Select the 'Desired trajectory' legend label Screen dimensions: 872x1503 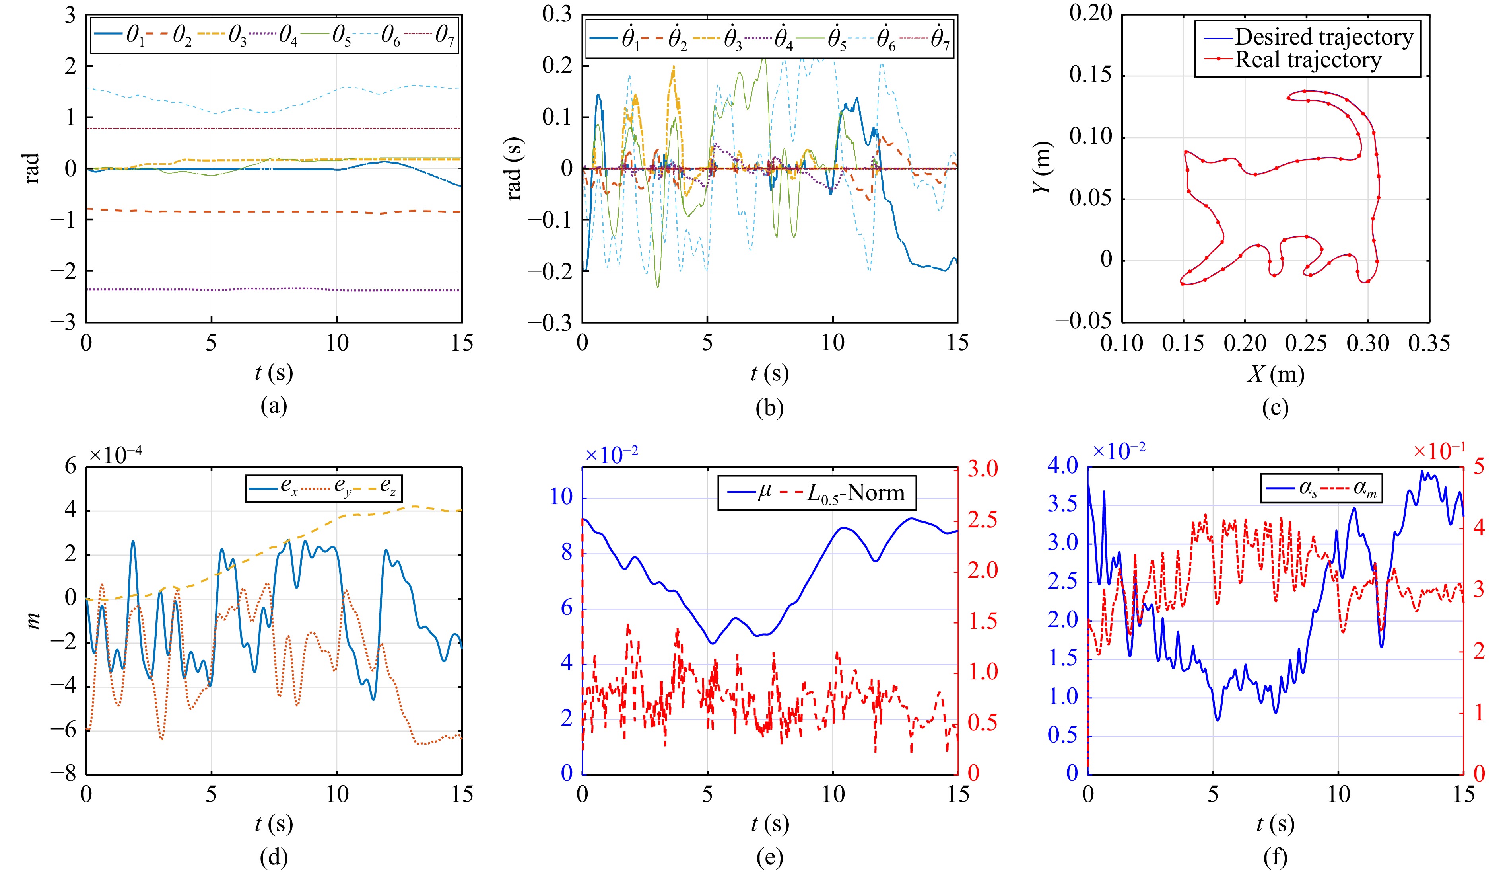[1323, 37]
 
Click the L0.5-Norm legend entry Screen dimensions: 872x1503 [855, 493]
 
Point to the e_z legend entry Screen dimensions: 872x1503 [388, 488]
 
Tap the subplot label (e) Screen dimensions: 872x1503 [769, 858]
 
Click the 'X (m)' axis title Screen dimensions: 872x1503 [1275, 374]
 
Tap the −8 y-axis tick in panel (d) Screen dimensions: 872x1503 [63, 774]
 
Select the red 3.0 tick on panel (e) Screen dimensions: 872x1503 [982, 469]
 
